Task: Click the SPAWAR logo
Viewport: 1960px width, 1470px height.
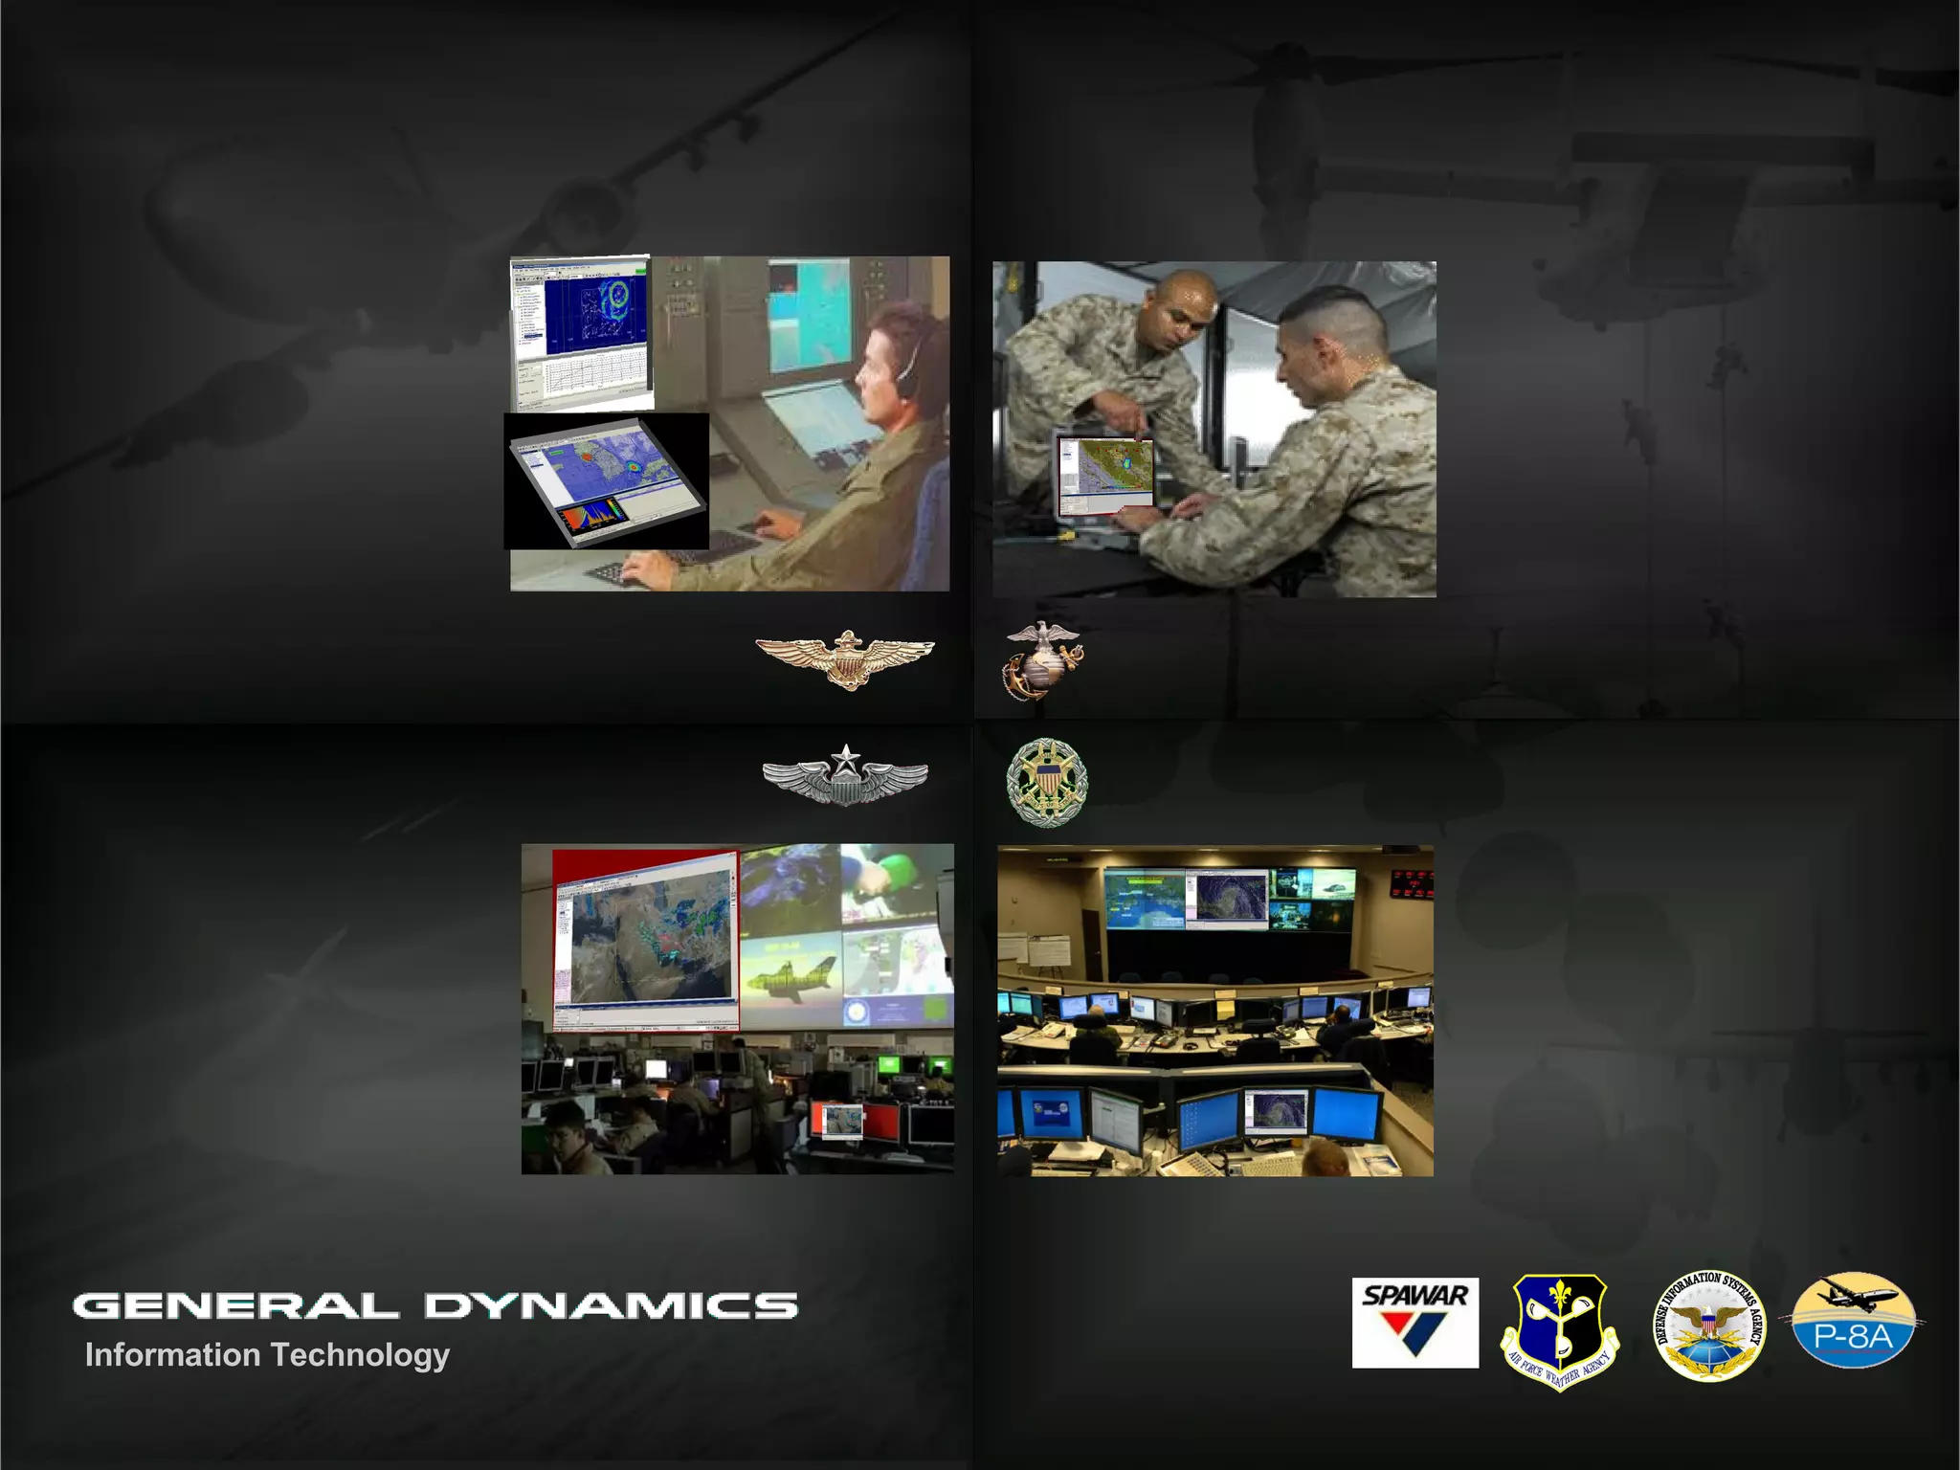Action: pyautogui.click(x=1414, y=1322)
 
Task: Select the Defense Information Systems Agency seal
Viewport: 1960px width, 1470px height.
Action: pyautogui.click(x=1710, y=1325)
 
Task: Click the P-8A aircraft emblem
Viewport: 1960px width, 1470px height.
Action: pyautogui.click(x=1853, y=1322)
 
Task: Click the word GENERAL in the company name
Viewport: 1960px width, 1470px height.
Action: pyautogui.click(x=234, y=1305)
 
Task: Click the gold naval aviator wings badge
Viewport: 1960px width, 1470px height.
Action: pyautogui.click(x=845, y=657)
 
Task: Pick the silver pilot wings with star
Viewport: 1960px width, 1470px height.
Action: pyautogui.click(x=845, y=775)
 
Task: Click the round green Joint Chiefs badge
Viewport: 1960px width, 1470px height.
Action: pyautogui.click(x=1047, y=781)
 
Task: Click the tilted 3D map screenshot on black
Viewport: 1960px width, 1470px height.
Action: pyautogui.click(x=606, y=481)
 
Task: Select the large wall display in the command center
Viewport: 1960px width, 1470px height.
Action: pyautogui.click(x=1229, y=899)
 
